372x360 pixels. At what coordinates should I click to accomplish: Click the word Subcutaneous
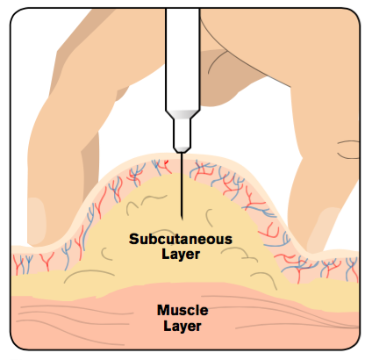pyautogui.click(x=181, y=239)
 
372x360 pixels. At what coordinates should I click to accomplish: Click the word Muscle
pyautogui.click(x=182, y=310)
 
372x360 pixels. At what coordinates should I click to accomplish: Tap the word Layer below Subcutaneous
pyautogui.click(x=181, y=255)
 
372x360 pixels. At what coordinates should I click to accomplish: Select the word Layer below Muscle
pyautogui.click(x=182, y=326)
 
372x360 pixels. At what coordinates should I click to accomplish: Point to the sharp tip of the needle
pyautogui.click(x=182, y=219)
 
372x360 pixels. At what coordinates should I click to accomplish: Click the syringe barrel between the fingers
pyautogui.click(x=182, y=59)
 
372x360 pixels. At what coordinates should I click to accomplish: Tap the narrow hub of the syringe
pyautogui.click(x=182, y=133)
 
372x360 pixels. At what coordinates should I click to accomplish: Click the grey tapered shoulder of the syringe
pyautogui.click(x=182, y=114)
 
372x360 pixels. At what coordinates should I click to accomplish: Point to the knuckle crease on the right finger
pyautogui.click(x=348, y=149)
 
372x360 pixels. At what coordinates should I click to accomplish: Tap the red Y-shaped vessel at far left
pyautogui.click(x=47, y=261)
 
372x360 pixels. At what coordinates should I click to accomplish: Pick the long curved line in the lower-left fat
pyautogui.click(x=89, y=274)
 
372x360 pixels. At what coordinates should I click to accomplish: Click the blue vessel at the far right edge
pyautogui.click(x=352, y=266)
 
